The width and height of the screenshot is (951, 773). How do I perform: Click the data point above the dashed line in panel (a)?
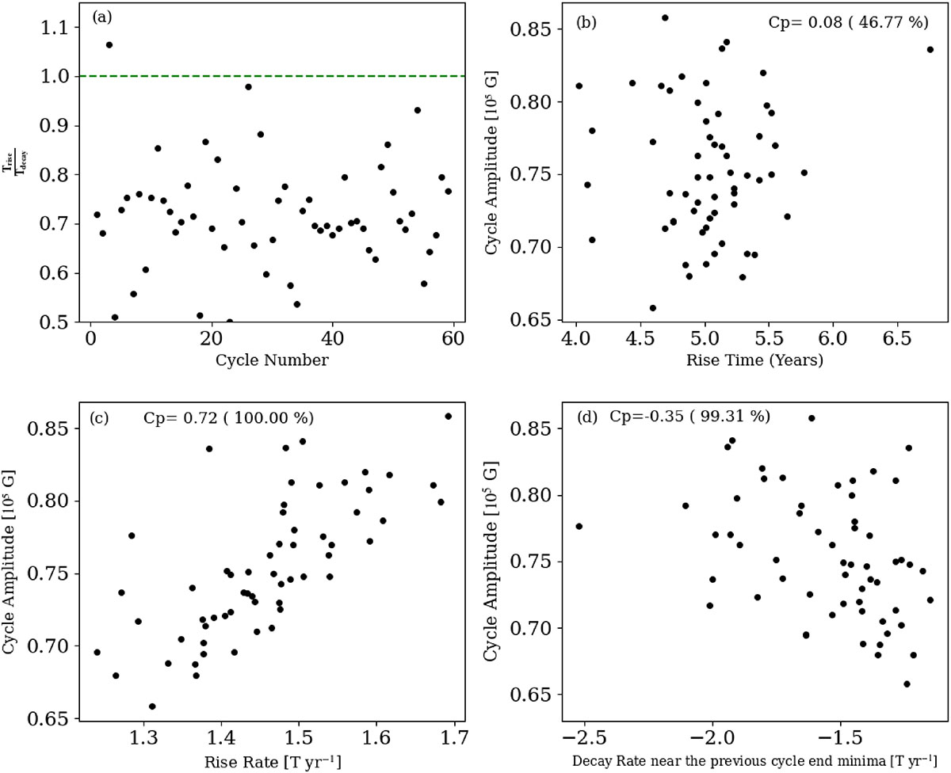point(109,44)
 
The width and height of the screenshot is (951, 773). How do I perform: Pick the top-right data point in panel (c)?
point(449,416)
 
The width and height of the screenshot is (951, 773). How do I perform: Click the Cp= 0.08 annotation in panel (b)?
point(848,22)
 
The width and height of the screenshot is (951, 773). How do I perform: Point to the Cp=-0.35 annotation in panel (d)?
point(689,416)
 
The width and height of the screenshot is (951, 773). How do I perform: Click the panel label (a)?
point(103,16)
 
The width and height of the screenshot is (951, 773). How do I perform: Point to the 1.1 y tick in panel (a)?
point(55,28)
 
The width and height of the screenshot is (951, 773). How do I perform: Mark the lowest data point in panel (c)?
point(152,706)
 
